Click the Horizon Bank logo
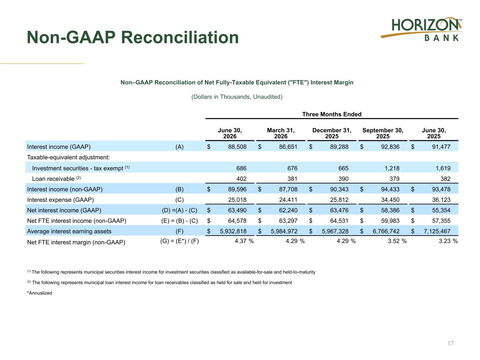(422, 30)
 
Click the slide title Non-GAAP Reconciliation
(133, 37)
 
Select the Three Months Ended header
(332, 114)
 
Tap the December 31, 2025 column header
(332, 133)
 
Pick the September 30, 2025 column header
(383, 133)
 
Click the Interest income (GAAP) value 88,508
(237, 147)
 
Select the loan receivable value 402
(241, 179)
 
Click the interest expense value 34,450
(390, 200)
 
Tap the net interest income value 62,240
(288, 210)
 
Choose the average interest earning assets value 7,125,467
(437, 231)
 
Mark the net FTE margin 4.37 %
(244, 241)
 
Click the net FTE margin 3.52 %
(397, 241)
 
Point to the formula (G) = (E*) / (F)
(179, 241)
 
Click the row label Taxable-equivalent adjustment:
(69, 157)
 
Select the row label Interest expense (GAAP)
(60, 200)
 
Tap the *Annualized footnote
(40, 293)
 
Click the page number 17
(450, 343)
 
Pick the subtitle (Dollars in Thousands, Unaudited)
(237, 97)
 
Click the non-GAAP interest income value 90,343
(339, 189)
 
